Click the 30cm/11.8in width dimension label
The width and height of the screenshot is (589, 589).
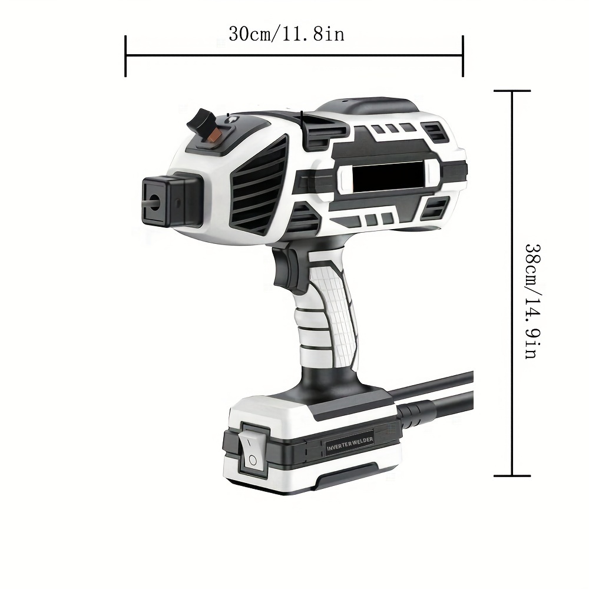(286, 34)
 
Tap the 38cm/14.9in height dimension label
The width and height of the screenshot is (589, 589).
(533, 301)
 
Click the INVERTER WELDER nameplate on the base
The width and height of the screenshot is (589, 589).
(350, 444)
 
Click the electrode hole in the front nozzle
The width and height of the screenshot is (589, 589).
(154, 201)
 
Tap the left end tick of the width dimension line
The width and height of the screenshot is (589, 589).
(125, 57)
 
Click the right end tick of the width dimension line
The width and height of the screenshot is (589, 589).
(463, 57)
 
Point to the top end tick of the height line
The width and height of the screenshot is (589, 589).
(512, 91)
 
